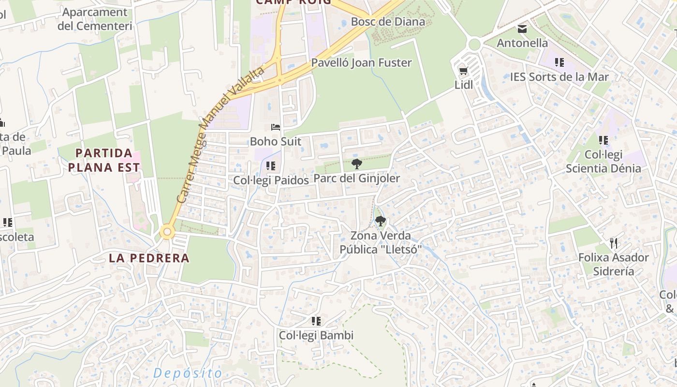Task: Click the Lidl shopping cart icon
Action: [463, 71]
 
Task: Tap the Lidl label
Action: [463, 85]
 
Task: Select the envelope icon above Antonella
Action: [522, 29]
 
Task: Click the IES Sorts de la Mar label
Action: [559, 77]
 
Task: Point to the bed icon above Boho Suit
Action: [276, 128]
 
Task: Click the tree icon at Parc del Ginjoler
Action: [357, 164]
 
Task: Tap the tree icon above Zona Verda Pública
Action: [381, 222]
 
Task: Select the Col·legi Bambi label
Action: [316, 335]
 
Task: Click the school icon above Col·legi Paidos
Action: [271, 166]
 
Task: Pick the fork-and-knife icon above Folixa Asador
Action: [614, 243]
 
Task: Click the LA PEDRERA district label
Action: [149, 258]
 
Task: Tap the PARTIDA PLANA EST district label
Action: [104, 161]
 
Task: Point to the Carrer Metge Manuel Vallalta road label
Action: [220, 134]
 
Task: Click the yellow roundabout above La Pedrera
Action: [167, 232]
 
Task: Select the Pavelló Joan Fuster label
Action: [361, 63]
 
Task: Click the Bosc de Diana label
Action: [388, 22]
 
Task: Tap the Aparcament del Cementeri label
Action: [95, 19]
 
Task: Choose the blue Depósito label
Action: [188, 373]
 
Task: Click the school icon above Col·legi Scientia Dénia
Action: [603, 140]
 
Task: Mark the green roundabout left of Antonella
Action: [474, 45]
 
